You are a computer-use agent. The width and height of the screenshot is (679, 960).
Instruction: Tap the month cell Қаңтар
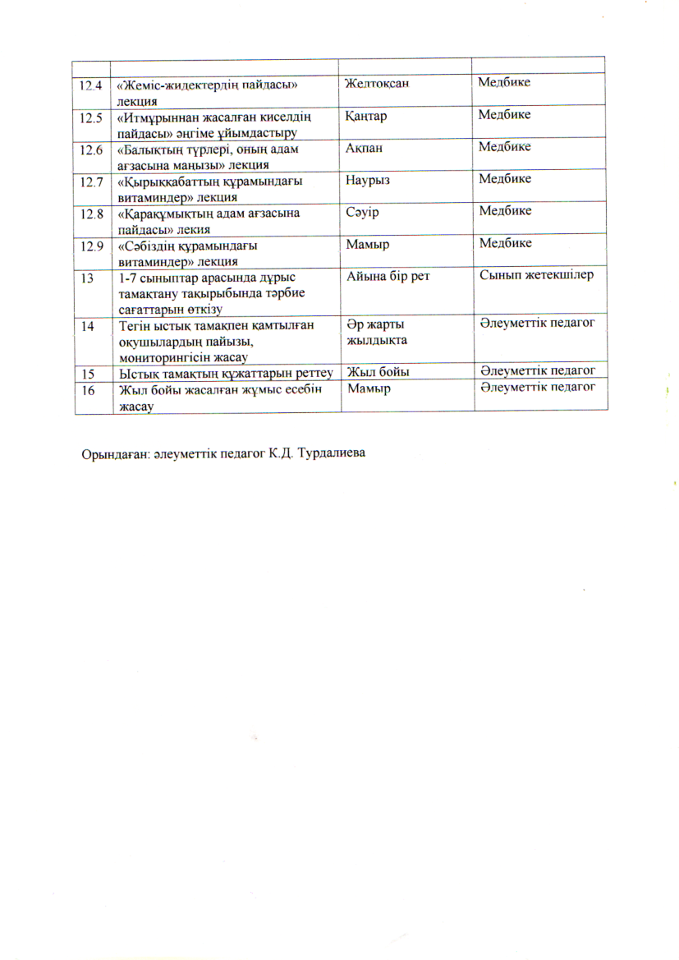coord(366,116)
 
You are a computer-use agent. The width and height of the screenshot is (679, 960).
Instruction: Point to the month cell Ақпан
coord(364,148)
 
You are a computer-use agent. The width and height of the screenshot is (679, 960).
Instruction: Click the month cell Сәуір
coord(361,211)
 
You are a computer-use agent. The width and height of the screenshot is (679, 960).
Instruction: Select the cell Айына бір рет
coord(388,276)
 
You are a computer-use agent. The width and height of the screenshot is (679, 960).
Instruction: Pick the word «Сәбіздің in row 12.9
coord(148,246)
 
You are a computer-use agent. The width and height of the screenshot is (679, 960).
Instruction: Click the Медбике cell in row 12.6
coord(505,147)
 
